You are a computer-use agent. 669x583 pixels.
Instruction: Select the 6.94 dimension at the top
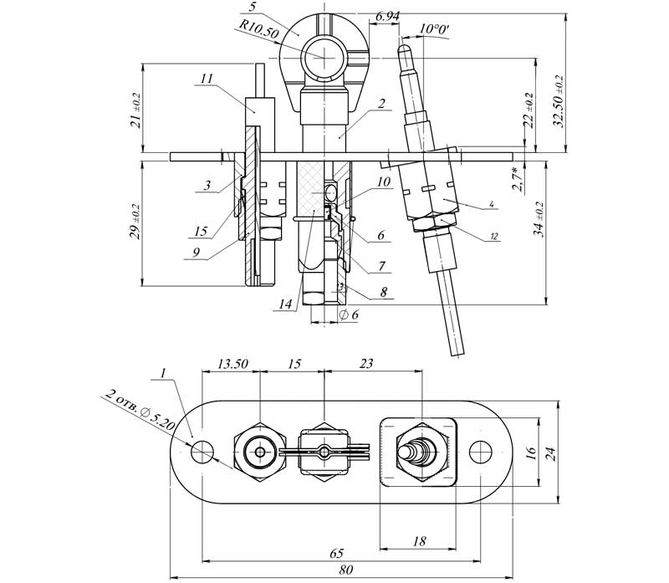[387, 17]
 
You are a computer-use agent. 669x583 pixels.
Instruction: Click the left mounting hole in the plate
[202, 451]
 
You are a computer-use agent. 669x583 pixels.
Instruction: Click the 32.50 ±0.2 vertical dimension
[558, 100]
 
